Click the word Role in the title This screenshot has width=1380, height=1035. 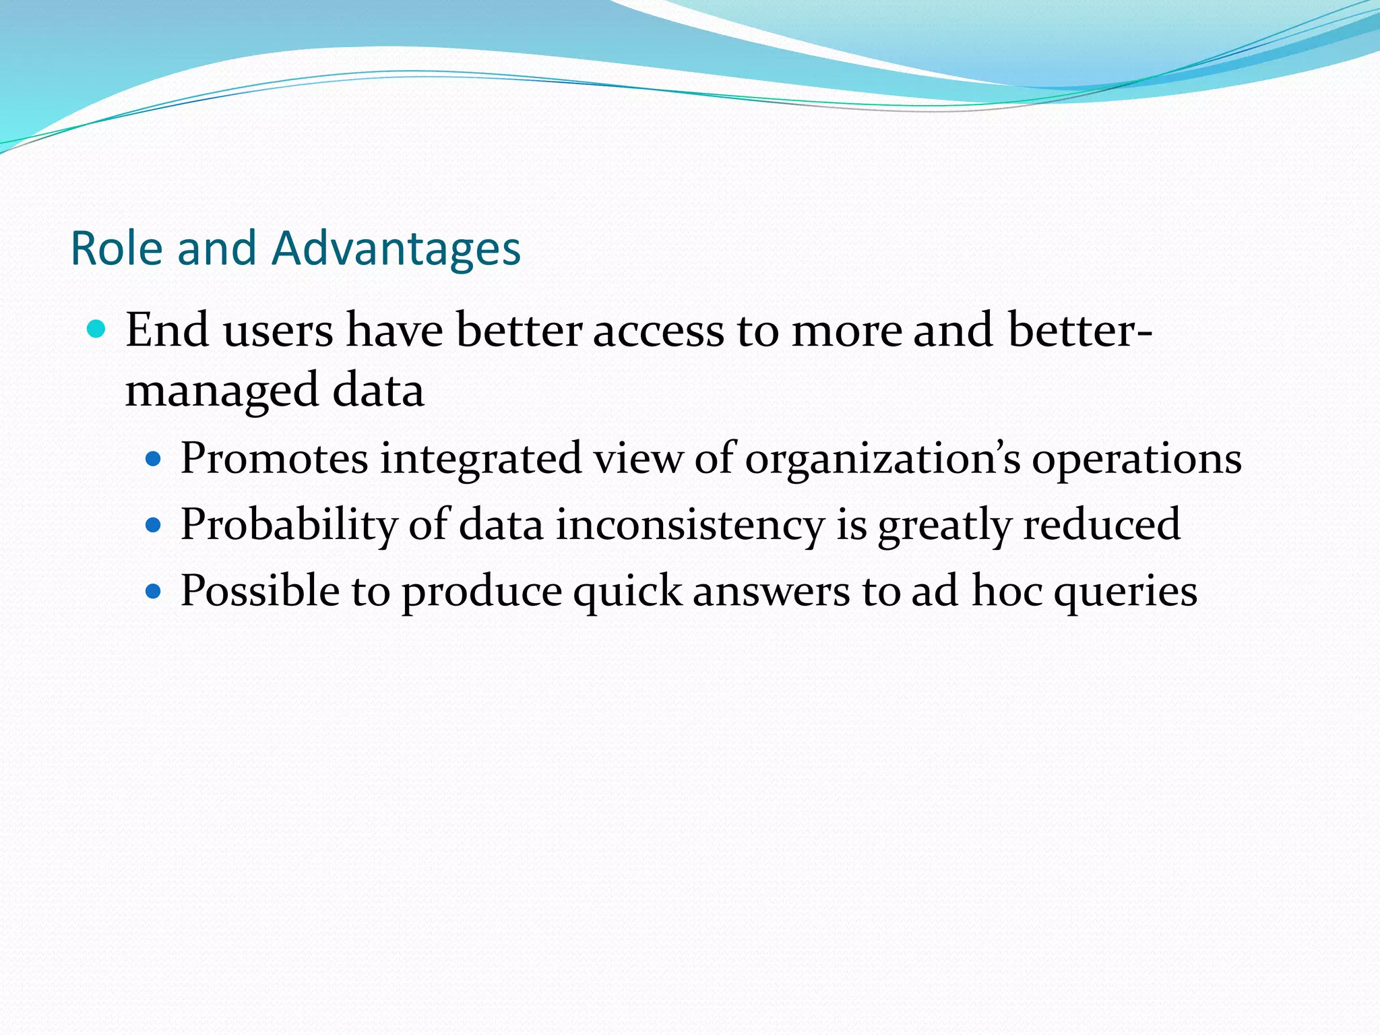117,249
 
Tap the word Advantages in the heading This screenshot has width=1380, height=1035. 396,249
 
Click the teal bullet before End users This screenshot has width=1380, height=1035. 97,330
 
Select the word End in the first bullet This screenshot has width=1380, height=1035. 166,331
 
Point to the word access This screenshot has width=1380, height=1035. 658,331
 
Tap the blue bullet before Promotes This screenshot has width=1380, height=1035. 154,460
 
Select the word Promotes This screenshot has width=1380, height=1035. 274,458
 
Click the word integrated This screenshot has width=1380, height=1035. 480,458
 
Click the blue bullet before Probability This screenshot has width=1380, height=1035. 154,526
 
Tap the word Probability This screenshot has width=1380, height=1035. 289,525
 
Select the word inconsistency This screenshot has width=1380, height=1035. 690,525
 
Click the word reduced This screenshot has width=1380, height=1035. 1101,524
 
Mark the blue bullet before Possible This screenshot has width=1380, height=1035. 154,592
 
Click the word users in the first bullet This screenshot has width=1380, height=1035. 278,331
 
